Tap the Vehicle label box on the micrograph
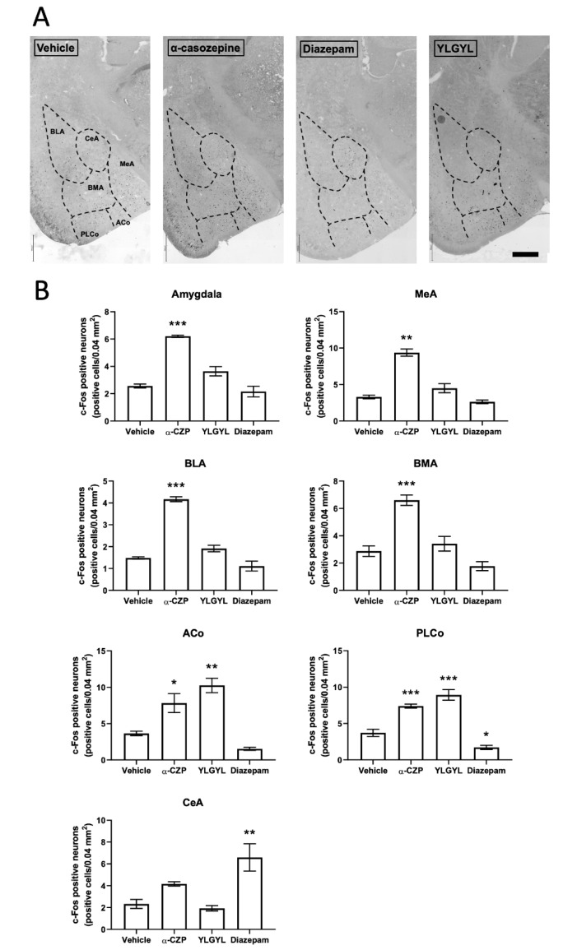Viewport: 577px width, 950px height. [56, 48]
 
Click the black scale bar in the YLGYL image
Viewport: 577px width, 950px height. [524, 254]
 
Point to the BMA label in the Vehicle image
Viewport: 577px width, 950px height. [95, 188]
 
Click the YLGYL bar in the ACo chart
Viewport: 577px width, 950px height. [215, 722]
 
